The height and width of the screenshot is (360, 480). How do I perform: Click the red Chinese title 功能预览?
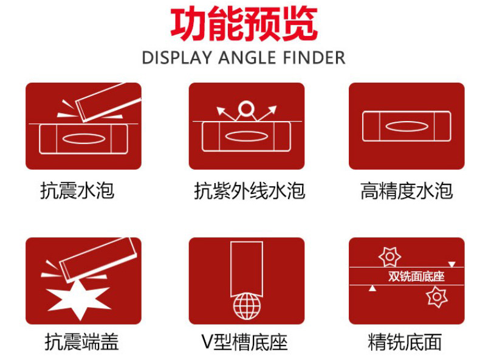point(244,24)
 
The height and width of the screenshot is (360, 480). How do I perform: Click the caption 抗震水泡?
point(77,190)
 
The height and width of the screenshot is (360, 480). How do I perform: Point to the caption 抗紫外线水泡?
point(249,190)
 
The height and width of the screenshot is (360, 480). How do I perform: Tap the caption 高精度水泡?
point(406,190)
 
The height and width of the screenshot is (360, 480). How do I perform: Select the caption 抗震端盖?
point(81,342)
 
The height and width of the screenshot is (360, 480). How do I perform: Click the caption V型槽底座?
point(245,342)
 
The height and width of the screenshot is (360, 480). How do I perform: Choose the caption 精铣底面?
point(405,342)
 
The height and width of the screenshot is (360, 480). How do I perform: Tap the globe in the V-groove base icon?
point(247,306)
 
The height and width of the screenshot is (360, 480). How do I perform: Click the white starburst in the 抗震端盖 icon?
point(79,300)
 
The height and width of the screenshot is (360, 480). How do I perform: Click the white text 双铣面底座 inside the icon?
point(416,276)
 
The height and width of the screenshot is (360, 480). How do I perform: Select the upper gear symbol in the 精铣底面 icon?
point(389,257)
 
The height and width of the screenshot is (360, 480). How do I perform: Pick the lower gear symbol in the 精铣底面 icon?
point(437,297)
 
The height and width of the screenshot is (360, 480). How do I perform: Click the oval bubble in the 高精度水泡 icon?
point(406,126)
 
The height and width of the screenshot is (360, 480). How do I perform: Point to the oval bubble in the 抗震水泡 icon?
point(84,139)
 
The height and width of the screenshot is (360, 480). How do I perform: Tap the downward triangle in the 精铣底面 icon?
point(452,264)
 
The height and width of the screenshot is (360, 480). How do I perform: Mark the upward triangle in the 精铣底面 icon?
point(372,288)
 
